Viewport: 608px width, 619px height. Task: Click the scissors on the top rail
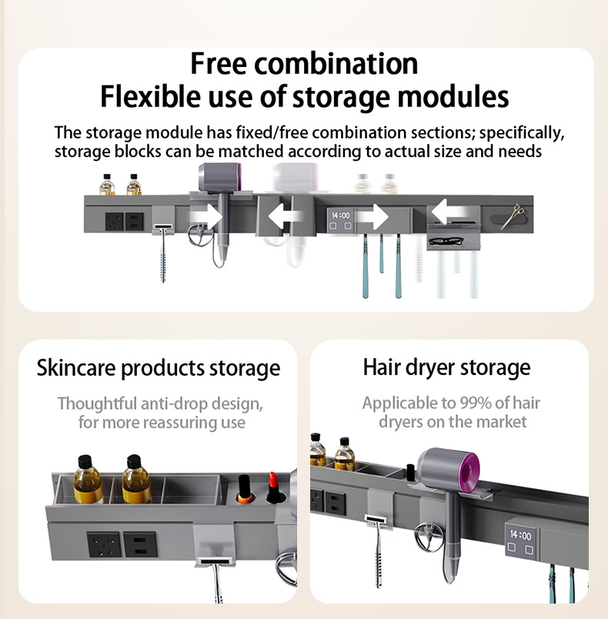click(x=513, y=216)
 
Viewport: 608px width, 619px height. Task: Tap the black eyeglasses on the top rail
click(x=446, y=240)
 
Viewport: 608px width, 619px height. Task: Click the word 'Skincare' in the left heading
click(x=76, y=368)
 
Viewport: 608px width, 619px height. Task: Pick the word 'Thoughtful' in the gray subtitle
click(x=97, y=403)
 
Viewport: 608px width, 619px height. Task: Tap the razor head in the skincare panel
click(x=215, y=561)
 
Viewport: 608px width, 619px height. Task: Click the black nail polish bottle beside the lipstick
click(x=245, y=489)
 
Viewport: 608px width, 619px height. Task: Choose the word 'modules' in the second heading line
click(x=453, y=96)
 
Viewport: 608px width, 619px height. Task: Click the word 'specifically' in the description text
click(x=522, y=133)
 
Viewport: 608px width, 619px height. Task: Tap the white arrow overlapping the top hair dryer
click(x=206, y=216)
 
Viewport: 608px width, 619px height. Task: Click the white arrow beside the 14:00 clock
click(x=372, y=216)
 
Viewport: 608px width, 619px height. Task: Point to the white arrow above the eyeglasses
click(x=449, y=212)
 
